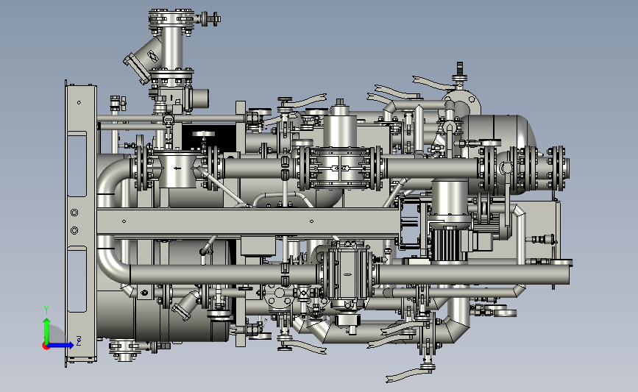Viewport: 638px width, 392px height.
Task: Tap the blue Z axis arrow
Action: point(61,345)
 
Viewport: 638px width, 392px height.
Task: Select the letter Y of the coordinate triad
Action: point(46,310)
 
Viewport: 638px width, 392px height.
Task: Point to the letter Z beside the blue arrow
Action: point(79,341)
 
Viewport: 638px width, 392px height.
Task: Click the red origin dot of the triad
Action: point(46,346)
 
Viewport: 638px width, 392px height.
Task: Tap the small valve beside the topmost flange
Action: point(210,18)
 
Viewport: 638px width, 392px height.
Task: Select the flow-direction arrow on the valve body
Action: point(176,168)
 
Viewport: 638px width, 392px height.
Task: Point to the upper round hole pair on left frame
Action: point(74,213)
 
